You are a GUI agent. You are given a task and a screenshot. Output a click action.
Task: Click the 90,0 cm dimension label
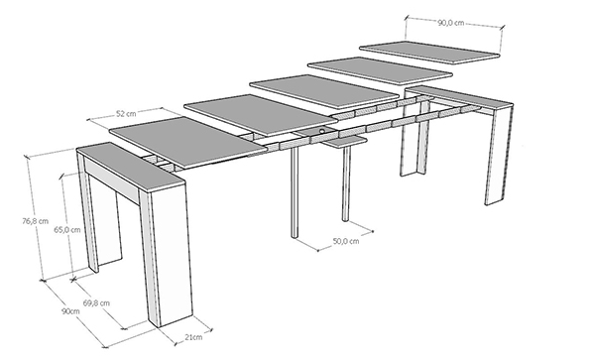451,23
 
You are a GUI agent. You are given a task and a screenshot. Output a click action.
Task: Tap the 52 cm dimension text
126,113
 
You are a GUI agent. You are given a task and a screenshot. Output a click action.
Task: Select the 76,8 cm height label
36,221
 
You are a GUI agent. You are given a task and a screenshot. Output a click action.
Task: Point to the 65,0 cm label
67,229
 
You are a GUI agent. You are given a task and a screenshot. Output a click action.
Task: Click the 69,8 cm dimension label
96,302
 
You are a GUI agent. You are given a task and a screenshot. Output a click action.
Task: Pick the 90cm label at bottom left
70,311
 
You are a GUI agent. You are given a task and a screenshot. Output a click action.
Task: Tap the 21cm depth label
193,337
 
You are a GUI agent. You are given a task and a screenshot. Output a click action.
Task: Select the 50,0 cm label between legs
346,241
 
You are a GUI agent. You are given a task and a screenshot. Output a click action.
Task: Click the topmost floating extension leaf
429,53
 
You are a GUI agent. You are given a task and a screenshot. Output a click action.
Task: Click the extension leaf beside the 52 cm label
187,142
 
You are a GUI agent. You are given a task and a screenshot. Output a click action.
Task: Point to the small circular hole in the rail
322,131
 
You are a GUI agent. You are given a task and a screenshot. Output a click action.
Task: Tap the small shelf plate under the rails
345,142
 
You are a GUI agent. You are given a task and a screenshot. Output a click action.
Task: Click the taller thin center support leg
295,192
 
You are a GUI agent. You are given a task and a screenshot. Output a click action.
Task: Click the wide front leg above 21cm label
166,257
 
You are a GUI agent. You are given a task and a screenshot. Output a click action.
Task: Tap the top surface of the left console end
131,165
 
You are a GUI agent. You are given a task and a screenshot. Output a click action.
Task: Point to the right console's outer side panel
500,154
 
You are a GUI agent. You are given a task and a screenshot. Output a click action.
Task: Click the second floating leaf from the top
381,70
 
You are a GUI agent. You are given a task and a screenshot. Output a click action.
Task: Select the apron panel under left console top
112,180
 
